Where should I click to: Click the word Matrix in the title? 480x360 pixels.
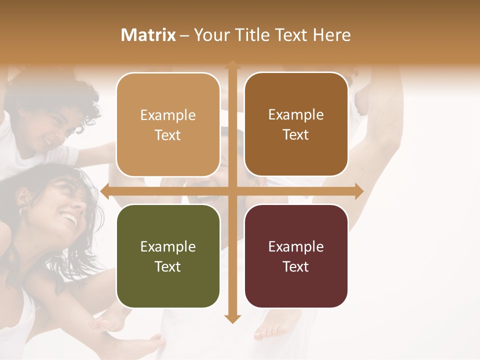[148, 35]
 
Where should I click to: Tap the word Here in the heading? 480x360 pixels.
[331, 35]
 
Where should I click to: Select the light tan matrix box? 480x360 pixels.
[168, 124]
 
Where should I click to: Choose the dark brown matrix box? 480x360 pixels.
[296, 124]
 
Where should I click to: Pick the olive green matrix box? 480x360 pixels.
[168, 256]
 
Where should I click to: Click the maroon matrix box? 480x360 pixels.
[296, 256]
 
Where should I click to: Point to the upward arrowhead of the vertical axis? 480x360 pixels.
[231, 64]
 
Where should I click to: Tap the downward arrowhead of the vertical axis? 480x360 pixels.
[231, 318]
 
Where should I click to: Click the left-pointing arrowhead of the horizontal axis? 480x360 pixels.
[104, 191]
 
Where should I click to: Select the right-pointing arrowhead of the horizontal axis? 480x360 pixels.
[359, 191]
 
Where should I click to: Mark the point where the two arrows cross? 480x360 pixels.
[231, 191]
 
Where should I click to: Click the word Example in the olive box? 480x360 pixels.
[168, 246]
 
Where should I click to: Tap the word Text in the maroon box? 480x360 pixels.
[296, 266]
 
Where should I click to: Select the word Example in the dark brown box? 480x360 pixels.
[296, 114]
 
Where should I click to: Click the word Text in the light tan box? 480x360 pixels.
[168, 135]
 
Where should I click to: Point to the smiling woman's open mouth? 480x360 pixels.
[69, 219]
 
